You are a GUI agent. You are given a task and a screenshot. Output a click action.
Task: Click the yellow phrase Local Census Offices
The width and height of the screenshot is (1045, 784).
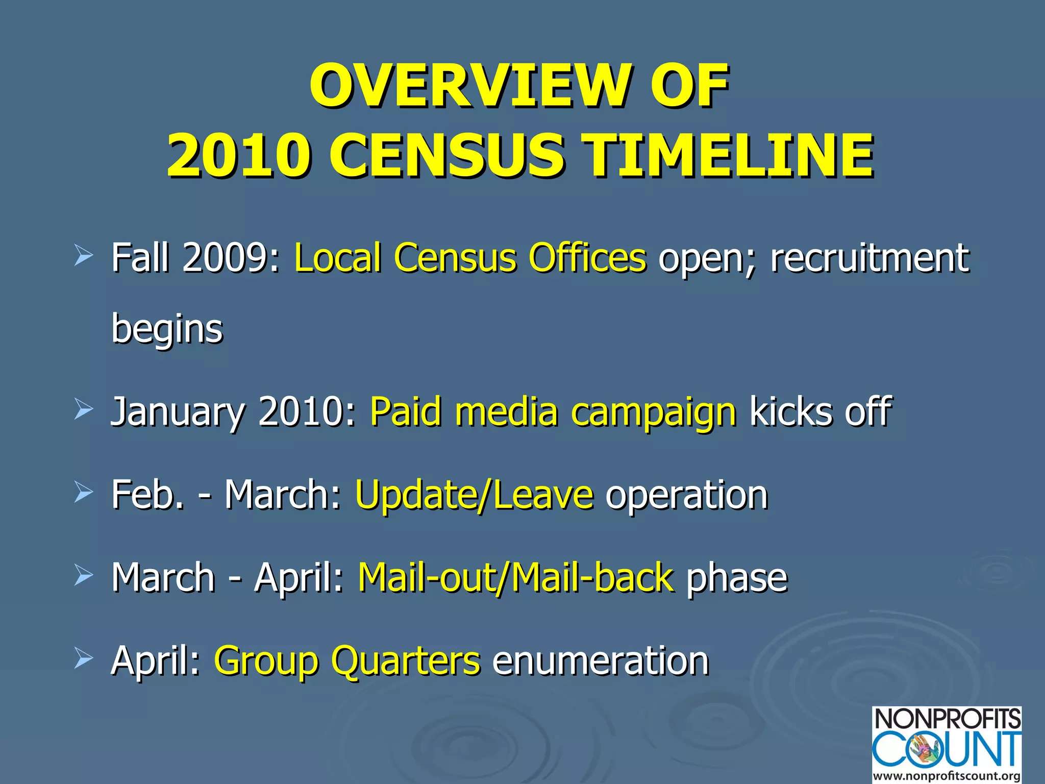[x=470, y=257]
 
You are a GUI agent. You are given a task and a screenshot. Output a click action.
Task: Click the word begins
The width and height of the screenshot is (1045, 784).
[x=167, y=329]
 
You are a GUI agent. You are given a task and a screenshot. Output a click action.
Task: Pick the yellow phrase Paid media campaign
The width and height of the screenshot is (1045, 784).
[x=553, y=411]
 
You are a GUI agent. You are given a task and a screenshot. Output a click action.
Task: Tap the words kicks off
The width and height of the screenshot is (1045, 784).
[x=820, y=411]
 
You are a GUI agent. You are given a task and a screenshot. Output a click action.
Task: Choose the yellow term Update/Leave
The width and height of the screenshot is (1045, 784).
[x=474, y=495]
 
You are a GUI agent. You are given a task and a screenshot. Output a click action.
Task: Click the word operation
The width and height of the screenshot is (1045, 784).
[x=686, y=495]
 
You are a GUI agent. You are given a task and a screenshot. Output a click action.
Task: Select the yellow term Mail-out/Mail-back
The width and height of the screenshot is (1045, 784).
[x=516, y=577]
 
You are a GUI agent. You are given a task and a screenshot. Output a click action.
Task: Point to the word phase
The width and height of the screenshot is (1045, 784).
[x=737, y=577]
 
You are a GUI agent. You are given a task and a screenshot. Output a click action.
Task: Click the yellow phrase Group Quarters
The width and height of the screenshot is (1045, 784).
[x=347, y=660]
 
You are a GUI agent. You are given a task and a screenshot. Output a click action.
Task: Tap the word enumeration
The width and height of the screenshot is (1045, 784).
[x=601, y=660]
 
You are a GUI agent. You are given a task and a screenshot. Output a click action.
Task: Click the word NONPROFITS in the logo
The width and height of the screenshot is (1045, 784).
[x=947, y=719]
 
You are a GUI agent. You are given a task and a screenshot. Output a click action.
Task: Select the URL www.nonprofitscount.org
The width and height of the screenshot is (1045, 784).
[x=947, y=776]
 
